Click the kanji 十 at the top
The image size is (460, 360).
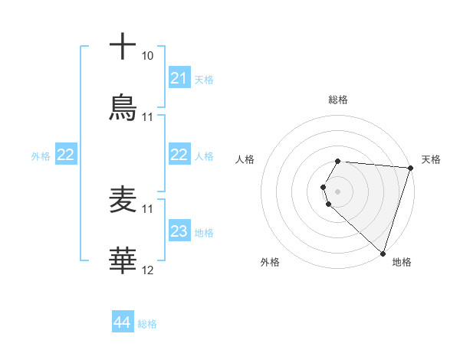[x=123, y=47]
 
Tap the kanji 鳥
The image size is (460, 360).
[x=123, y=108]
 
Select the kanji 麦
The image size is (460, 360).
[x=123, y=201]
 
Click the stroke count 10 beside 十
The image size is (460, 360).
[x=148, y=56]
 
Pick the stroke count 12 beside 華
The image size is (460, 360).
[x=148, y=270]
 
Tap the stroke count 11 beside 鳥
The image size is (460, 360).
[x=148, y=117]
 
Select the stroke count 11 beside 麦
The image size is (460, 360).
[x=148, y=208]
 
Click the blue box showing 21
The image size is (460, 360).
[x=179, y=78]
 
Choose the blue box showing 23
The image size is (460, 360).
[x=179, y=231]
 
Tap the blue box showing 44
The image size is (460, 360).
[x=123, y=323]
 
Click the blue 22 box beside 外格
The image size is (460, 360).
[x=66, y=155]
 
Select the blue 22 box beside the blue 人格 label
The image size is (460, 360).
[x=179, y=155]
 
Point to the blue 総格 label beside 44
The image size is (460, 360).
[x=147, y=324]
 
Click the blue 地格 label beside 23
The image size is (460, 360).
[x=204, y=232]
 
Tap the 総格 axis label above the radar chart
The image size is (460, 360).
[x=338, y=100]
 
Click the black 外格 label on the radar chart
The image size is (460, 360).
[x=270, y=262]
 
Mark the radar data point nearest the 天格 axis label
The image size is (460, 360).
[x=411, y=168]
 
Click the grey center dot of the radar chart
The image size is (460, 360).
[x=338, y=191]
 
